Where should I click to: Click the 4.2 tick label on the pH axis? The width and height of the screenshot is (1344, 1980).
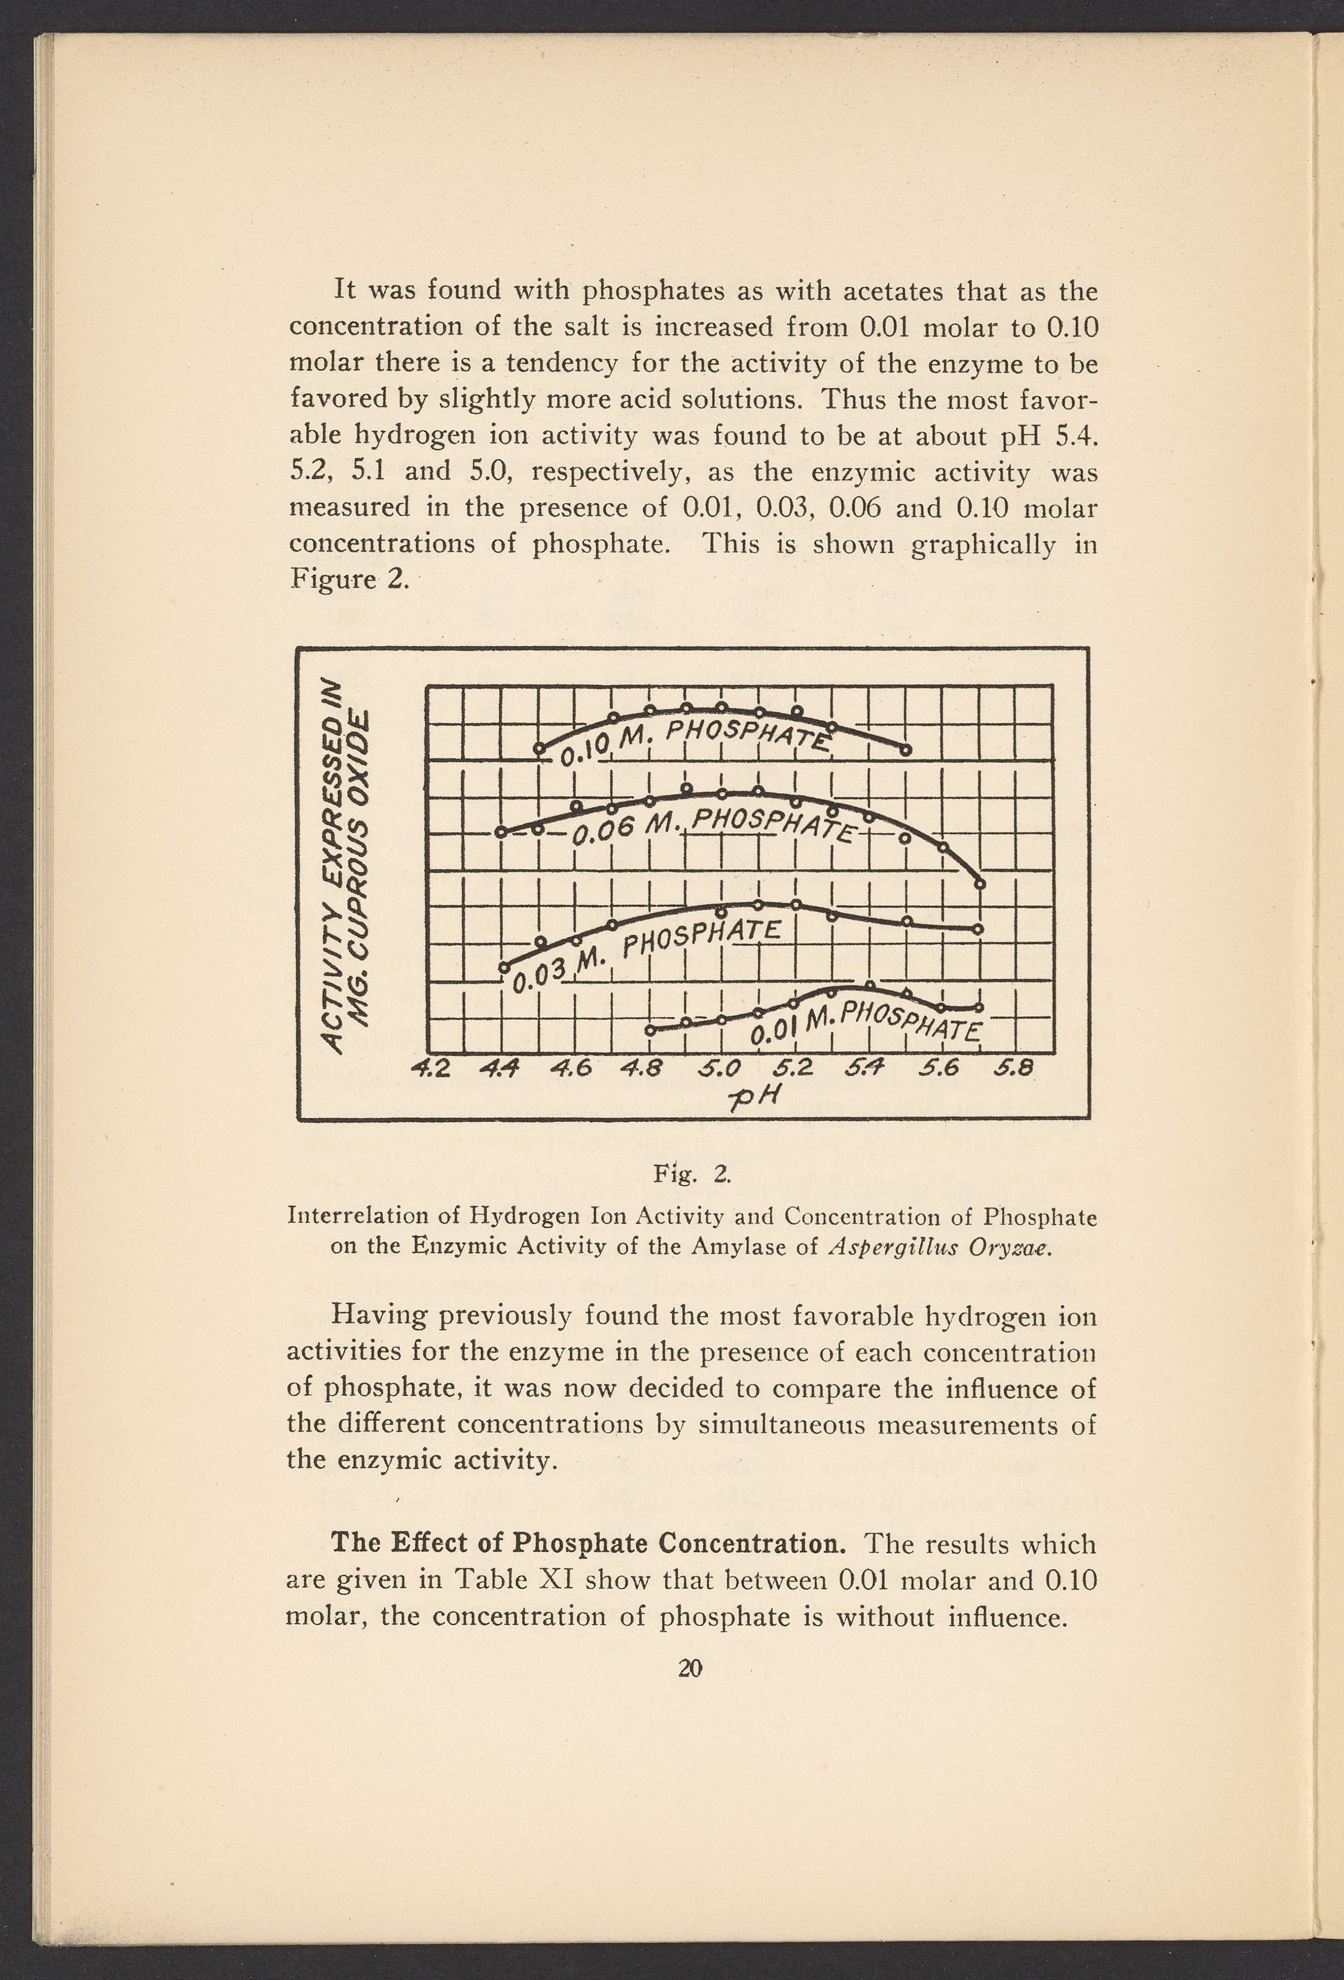tap(431, 1067)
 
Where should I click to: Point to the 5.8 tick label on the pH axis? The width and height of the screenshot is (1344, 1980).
tap(1016, 1067)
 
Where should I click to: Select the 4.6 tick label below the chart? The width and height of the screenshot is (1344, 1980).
tap(575, 1067)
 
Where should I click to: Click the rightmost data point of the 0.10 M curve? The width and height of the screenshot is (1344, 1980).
tap(906, 750)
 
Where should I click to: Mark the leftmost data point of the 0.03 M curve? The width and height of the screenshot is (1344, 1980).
tap(504, 967)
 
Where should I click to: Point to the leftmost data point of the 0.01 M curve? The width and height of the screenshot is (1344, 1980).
tap(649, 1030)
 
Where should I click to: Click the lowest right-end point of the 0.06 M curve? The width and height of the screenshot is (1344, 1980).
tap(980, 884)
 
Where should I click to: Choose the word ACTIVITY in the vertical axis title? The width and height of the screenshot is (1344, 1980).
tap(332, 981)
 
